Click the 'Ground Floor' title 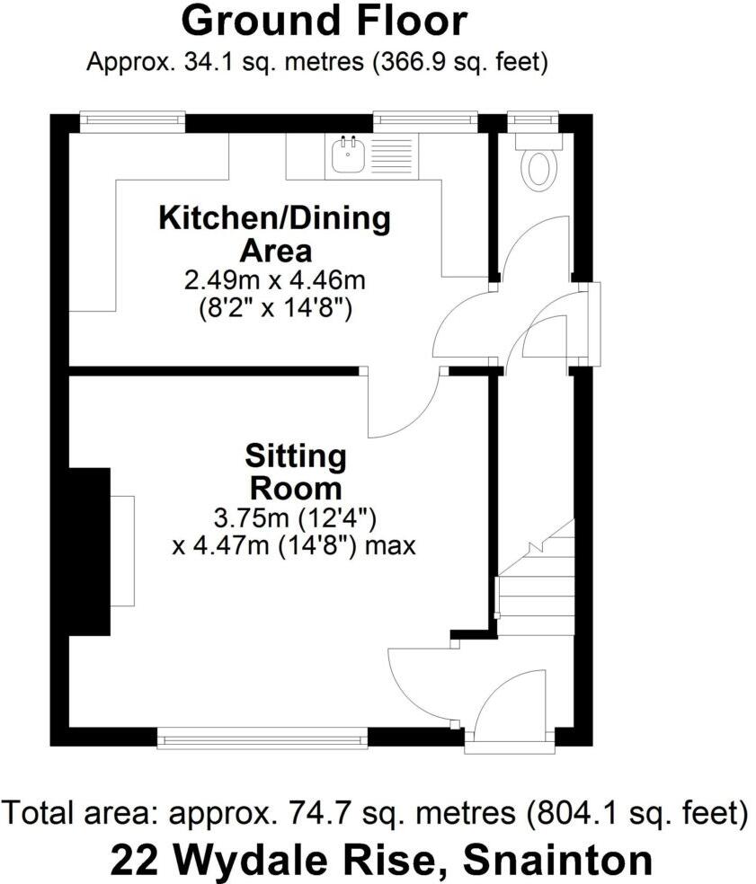325,20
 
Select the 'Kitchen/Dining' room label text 275,218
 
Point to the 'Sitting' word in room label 296,457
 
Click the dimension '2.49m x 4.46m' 275,281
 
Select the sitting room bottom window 262,738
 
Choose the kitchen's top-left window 132,121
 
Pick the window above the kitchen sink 425,121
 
